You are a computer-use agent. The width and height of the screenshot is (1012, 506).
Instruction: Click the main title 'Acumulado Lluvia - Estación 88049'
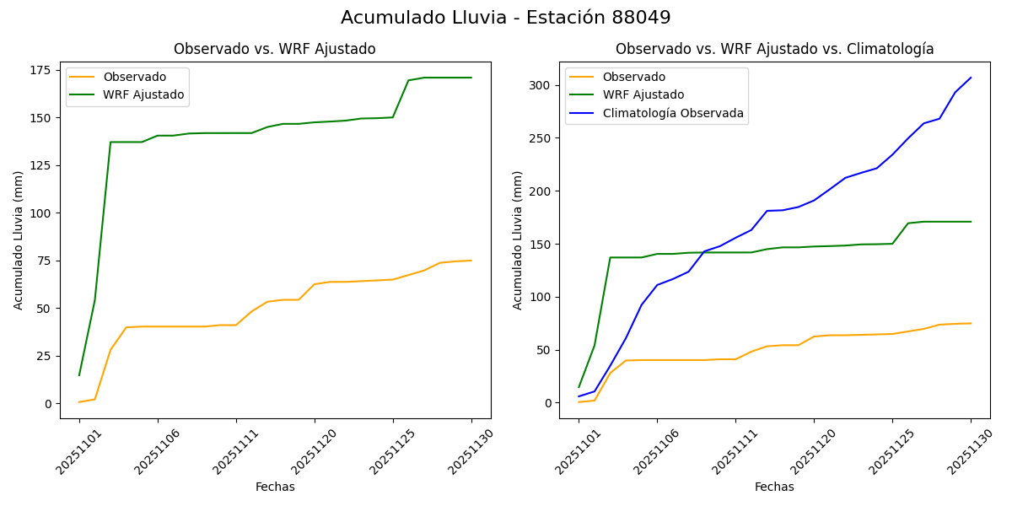[x=506, y=18]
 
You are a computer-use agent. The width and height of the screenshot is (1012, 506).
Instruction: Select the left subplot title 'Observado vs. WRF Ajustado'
[x=275, y=49]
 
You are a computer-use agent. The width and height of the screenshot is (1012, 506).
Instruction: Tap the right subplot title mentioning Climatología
[x=774, y=49]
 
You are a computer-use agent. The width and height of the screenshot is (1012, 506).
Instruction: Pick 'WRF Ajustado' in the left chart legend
[x=143, y=94]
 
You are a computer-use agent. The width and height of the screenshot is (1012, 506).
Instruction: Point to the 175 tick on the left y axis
[x=43, y=70]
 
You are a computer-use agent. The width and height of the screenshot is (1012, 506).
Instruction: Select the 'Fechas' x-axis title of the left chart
[x=275, y=487]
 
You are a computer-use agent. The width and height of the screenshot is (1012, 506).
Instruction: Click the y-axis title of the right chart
[x=518, y=240]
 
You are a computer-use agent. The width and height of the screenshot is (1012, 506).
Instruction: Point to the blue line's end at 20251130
[x=971, y=78]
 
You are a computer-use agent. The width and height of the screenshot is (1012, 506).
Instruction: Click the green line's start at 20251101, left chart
[x=79, y=375]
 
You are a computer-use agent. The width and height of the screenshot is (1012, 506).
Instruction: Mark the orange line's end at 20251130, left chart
[x=471, y=261]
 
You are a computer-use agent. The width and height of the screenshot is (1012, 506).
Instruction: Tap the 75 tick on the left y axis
[x=46, y=261]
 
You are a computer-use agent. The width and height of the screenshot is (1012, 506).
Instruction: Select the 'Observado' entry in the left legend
[x=134, y=77]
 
